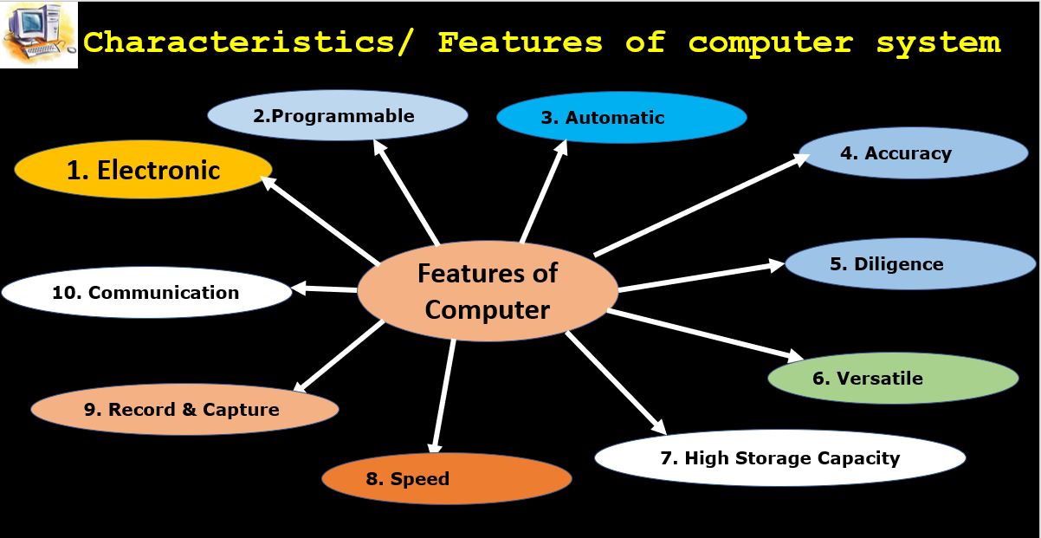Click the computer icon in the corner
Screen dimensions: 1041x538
coord(39,35)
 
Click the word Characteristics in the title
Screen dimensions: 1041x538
coord(247,42)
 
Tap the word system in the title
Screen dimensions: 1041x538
coord(938,43)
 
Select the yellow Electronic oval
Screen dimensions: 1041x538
coord(143,170)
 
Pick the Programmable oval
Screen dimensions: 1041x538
coord(338,115)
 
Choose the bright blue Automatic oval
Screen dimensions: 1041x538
coord(621,117)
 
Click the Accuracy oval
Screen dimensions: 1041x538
coord(913,153)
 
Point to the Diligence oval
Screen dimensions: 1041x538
coord(910,264)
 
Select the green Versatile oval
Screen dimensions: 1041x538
coord(893,378)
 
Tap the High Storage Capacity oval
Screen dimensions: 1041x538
coord(779,458)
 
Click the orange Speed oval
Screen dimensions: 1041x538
coord(447,478)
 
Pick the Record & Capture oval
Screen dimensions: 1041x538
coord(184,409)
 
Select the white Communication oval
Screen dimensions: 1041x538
coord(146,293)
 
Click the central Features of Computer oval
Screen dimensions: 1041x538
coord(488,291)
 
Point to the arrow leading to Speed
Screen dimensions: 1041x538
coord(443,396)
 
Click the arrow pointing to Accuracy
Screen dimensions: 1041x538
coord(702,204)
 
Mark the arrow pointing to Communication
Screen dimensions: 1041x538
coord(325,288)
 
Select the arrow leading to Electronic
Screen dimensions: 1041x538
coord(320,220)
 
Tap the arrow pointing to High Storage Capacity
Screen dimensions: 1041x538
coord(616,384)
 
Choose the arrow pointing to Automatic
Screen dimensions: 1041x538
coord(544,191)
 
